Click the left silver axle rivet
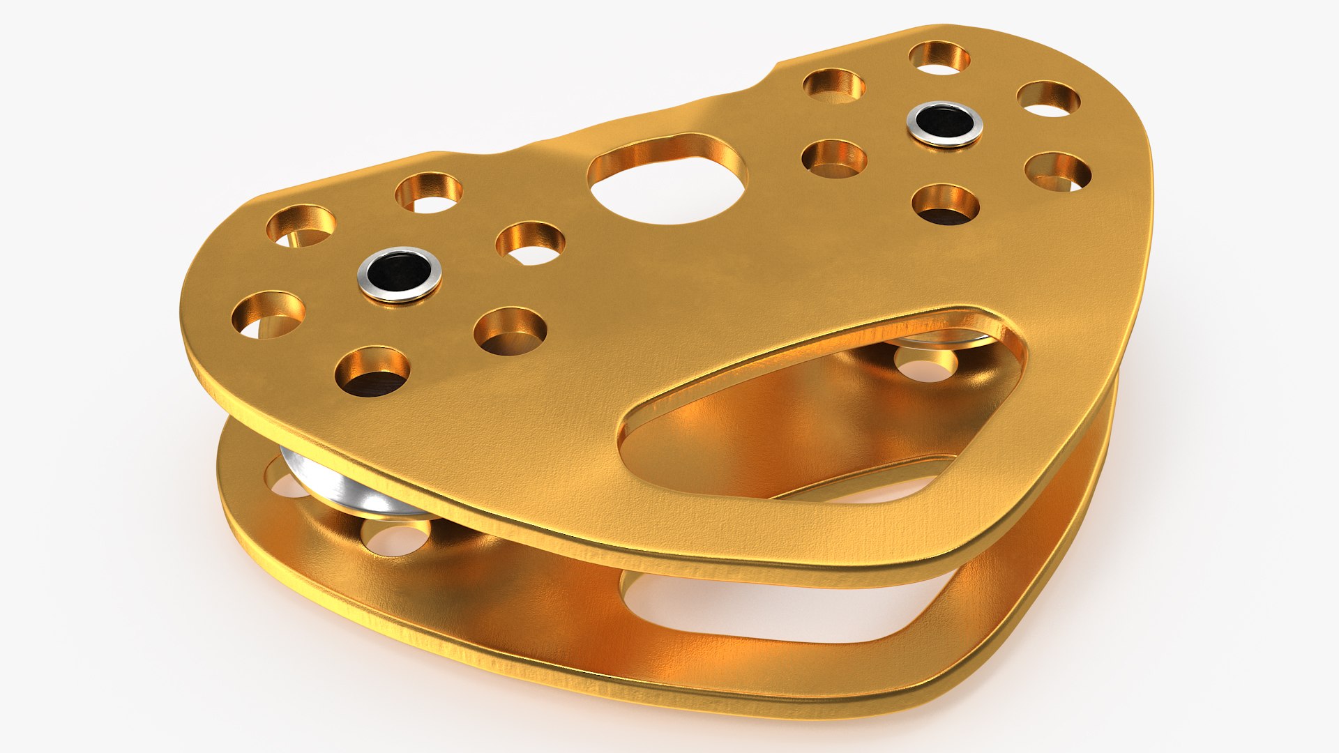click(400, 273)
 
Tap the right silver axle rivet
click(944, 123)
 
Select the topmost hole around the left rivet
click(429, 192)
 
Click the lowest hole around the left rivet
click(372, 372)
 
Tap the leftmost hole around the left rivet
click(268, 315)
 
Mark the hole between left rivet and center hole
click(531, 243)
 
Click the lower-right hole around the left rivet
click(510, 331)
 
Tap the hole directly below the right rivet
click(945, 204)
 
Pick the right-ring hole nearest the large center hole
click(834, 158)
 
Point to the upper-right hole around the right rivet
click(1048, 99)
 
